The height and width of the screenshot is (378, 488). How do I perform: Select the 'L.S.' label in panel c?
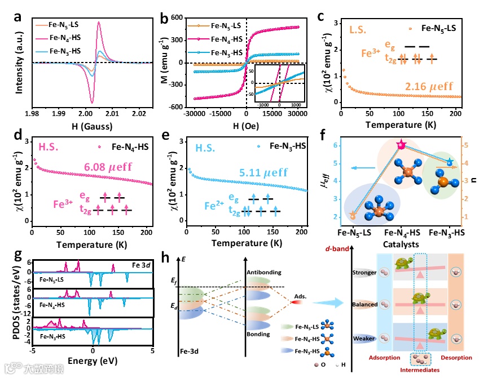[x=359, y=28]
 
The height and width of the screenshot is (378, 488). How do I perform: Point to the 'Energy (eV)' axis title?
[x=92, y=360]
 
